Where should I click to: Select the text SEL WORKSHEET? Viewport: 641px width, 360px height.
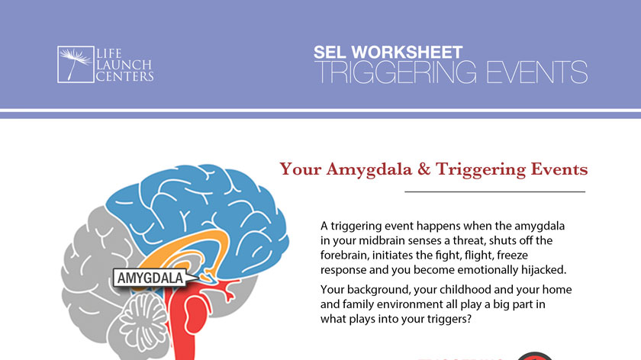388,53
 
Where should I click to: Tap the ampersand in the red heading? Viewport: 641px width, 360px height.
422,169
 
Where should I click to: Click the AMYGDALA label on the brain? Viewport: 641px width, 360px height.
150,278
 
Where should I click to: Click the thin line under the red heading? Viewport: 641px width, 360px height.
494,191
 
